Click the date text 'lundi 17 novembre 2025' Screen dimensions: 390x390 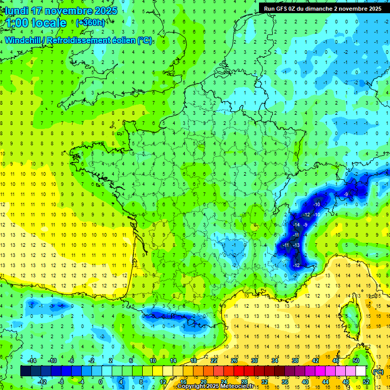coord(59,11)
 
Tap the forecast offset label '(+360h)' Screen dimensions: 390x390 coord(90,23)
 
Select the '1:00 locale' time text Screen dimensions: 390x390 coord(37,23)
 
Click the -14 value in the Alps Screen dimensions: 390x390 coord(297,224)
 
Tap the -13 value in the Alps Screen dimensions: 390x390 coord(296,245)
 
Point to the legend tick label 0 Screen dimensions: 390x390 coord(100,382)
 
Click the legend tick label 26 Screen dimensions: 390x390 coord(234,361)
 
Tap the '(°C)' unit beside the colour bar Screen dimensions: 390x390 coord(378,371)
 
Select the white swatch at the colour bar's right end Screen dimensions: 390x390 coord(361,371)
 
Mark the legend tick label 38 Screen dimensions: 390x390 coord(295,361)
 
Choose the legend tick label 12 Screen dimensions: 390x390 coord(163,382)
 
